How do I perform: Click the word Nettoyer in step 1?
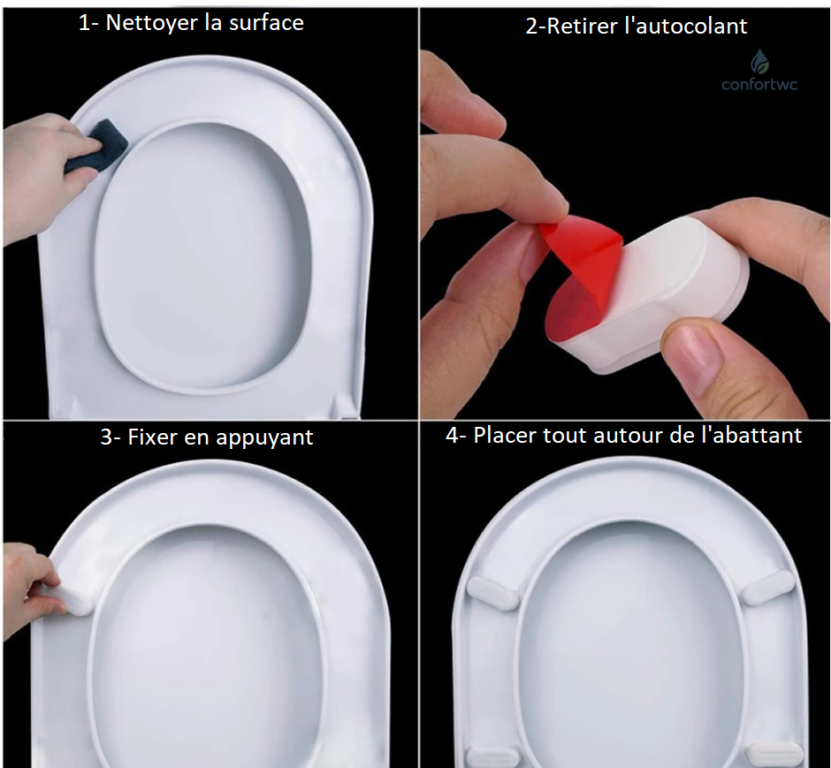pos(152,23)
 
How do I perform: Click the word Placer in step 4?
pos(505,436)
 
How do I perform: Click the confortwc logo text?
pos(759,84)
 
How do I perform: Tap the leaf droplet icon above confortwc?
pos(759,62)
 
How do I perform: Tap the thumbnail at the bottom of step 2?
pos(692,354)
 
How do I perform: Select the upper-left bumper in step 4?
pos(492,593)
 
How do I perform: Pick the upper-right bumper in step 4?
pos(767,587)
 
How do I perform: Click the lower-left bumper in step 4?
pos(491,757)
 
